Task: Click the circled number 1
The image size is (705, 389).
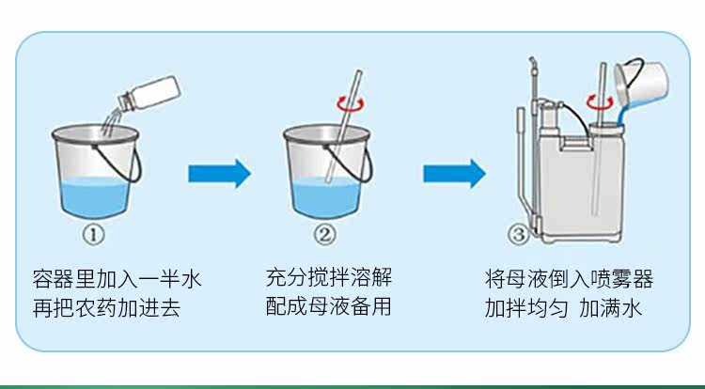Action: pos(98,230)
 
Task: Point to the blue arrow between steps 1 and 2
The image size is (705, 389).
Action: pos(218,173)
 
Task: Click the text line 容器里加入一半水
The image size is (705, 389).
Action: pos(117,279)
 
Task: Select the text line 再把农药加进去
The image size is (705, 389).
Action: pos(107,306)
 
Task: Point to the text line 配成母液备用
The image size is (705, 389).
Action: pos(327,306)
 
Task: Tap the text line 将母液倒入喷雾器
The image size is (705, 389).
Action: pos(569,279)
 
